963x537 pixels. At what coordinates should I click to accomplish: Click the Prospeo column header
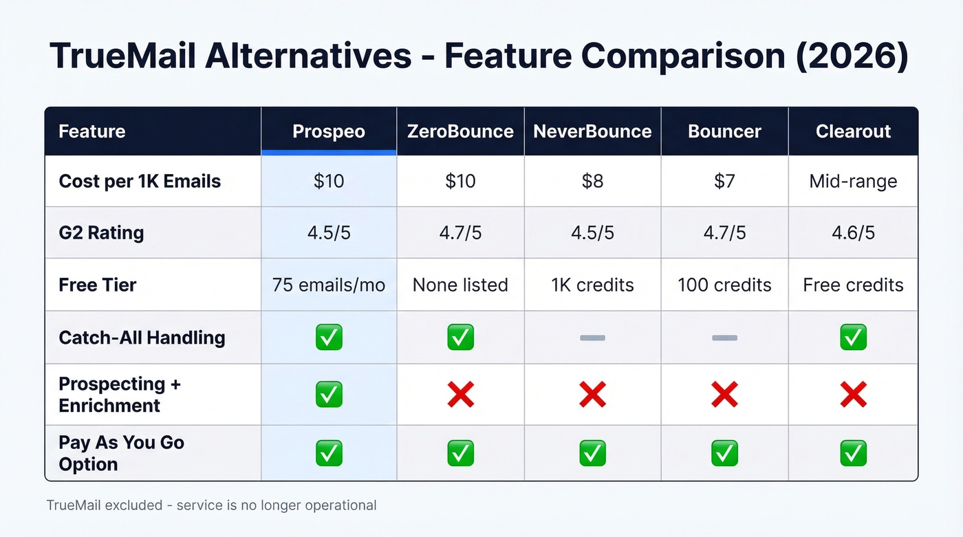point(329,131)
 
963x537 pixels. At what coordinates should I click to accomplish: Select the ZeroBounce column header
point(460,131)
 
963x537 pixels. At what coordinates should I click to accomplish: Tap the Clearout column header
point(853,131)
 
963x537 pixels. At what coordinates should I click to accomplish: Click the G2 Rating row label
point(101,233)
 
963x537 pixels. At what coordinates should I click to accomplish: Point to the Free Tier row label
point(98,285)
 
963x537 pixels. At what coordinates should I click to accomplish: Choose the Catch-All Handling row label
point(142,338)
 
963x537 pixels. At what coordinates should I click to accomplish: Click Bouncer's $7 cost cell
point(724,182)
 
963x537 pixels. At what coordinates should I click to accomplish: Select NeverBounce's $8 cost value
point(592,182)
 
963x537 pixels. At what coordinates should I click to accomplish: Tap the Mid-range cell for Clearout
point(853,182)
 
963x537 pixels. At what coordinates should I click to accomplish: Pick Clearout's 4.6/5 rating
point(853,233)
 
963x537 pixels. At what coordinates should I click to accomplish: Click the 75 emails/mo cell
point(329,285)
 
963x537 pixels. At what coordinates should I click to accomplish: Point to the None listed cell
point(460,285)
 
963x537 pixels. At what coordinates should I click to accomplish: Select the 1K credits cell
point(592,285)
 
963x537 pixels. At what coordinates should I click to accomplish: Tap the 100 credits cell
point(724,285)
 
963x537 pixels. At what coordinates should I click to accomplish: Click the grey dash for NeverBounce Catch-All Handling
point(592,338)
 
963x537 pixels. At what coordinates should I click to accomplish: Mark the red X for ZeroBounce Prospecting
point(460,395)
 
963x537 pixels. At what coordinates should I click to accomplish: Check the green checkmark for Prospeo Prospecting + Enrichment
point(329,395)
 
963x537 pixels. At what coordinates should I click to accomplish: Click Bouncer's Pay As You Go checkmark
point(724,453)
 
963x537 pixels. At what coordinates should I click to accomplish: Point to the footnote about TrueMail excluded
point(211,505)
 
